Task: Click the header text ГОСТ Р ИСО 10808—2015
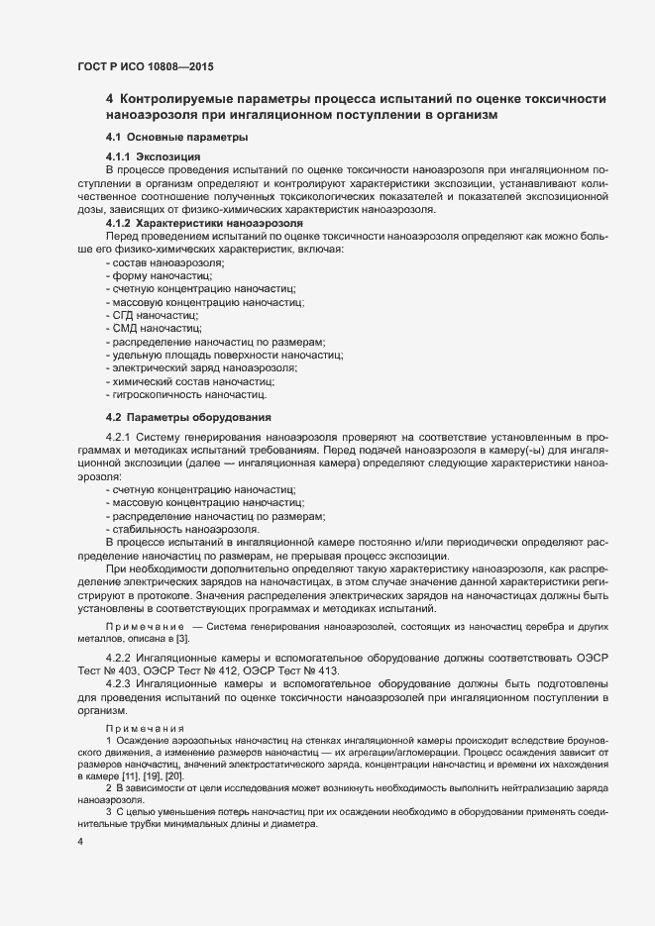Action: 144,66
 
